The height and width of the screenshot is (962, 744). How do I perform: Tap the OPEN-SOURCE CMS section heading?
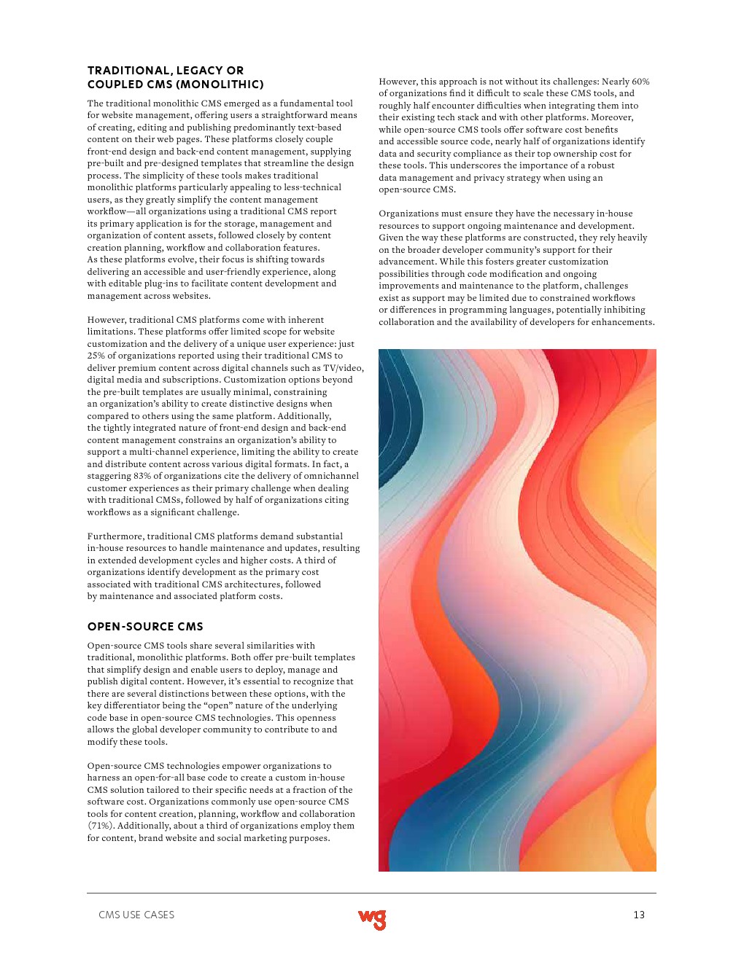click(x=145, y=627)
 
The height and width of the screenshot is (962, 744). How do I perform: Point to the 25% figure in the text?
click(x=96, y=356)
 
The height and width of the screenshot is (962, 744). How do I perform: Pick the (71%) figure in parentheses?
click(x=101, y=826)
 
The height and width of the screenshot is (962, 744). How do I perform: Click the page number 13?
click(x=639, y=915)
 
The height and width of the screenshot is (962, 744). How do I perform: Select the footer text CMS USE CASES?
click(x=136, y=915)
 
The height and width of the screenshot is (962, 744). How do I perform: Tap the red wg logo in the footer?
click(x=372, y=919)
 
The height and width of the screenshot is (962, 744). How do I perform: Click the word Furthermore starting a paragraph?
click(x=115, y=536)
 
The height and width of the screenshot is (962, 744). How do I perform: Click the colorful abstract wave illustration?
click(x=517, y=610)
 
